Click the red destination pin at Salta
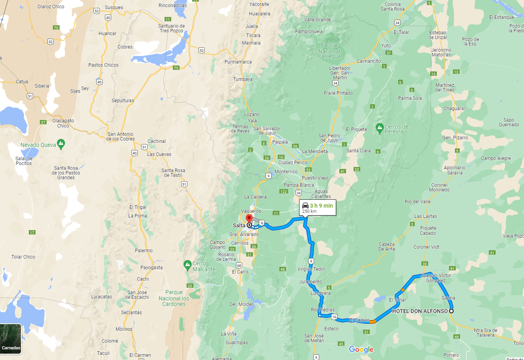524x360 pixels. (x=249, y=219)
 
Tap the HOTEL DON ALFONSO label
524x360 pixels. (x=420, y=311)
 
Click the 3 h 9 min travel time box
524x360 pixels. (x=318, y=208)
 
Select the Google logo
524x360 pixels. (x=361, y=349)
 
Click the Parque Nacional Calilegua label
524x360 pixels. (x=329, y=51)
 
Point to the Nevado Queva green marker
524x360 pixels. (x=61, y=144)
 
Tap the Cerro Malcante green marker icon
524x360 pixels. (x=188, y=265)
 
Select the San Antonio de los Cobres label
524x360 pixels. (x=120, y=137)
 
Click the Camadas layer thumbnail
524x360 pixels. (x=11, y=339)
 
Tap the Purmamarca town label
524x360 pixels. (x=238, y=62)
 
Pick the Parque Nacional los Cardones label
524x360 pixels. (x=174, y=298)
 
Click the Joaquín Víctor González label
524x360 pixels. (x=436, y=278)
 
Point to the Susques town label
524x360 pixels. (x=114, y=7)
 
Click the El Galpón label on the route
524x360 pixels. (x=359, y=320)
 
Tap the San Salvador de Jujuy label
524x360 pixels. (x=267, y=131)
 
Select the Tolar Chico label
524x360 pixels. (x=23, y=257)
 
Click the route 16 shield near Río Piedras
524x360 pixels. (x=334, y=317)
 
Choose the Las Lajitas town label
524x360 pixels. (x=425, y=216)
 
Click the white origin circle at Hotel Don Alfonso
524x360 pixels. (x=451, y=311)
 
